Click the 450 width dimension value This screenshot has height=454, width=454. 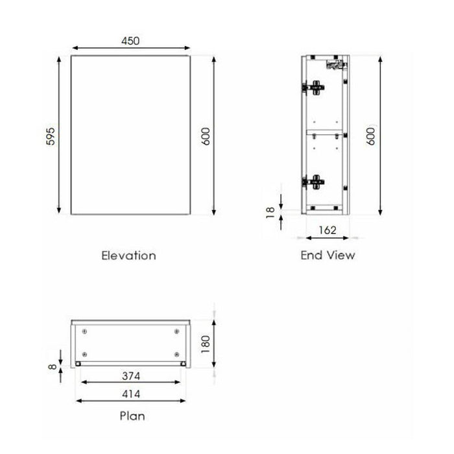point(130,40)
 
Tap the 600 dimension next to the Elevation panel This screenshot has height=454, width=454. point(206,135)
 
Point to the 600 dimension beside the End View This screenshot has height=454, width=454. point(372,135)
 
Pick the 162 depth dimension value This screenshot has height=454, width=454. point(327,229)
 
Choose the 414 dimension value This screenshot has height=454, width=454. point(131,394)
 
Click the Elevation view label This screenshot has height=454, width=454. point(128,255)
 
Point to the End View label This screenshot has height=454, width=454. point(328,255)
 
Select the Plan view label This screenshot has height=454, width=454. point(132,416)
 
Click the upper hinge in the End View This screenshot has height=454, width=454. point(315,85)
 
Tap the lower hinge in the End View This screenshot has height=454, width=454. point(315,181)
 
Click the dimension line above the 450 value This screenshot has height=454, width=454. point(130,49)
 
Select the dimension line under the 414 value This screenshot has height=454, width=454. point(131,401)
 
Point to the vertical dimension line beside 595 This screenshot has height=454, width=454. point(60,135)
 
